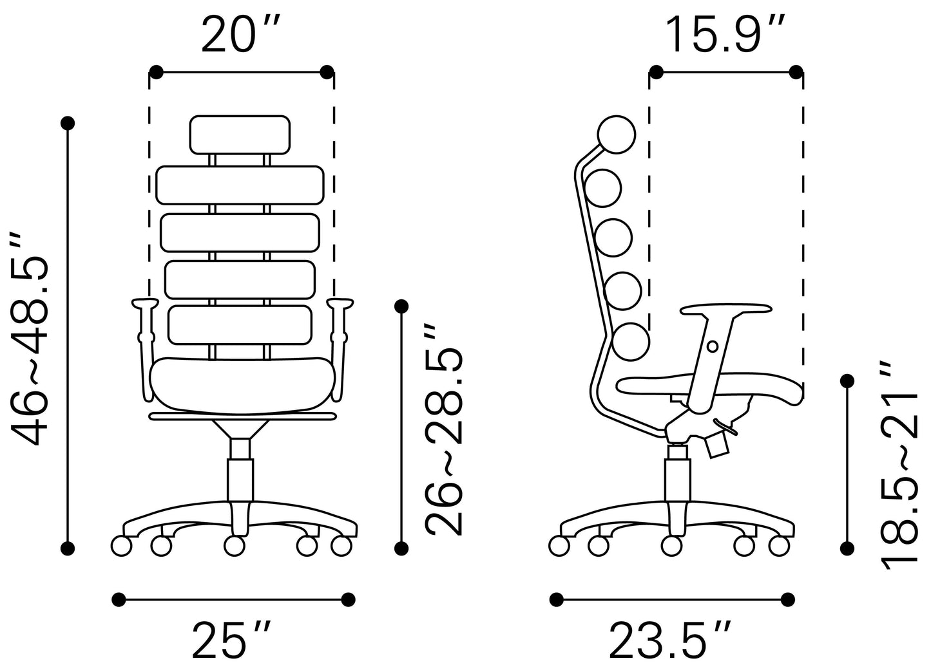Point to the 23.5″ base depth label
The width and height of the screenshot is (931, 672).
(x=671, y=640)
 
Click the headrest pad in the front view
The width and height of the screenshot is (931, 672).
(x=240, y=135)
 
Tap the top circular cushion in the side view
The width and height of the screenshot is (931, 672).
(x=617, y=135)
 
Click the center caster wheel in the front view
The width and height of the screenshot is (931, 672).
(x=235, y=545)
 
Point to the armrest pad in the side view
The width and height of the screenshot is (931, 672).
(x=725, y=310)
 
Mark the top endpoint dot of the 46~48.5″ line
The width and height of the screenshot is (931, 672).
(x=68, y=122)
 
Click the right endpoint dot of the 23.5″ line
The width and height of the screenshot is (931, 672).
(x=787, y=599)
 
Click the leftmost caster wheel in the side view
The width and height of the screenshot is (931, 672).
(x=559, y=545)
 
